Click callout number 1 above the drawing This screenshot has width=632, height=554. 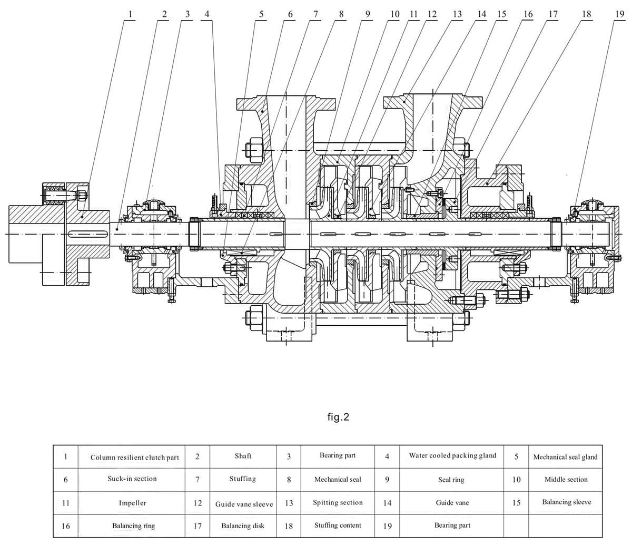pos(130,14)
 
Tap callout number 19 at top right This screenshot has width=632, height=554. pos(619,14)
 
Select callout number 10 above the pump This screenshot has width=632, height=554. pos(394,14)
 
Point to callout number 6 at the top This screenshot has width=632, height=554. pos(290,14)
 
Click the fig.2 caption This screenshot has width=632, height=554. pos(338,417)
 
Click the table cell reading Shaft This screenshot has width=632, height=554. pos(243,456)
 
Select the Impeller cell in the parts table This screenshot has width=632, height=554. pos(133,503)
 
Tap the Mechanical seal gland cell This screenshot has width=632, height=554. pos(565,457)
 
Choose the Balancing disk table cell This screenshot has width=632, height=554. pos(243,526)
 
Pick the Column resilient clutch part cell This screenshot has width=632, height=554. pos(134,458)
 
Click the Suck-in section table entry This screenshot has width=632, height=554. pos(132,479)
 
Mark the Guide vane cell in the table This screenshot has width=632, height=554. pos(452,503)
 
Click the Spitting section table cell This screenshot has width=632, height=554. pos(338,502)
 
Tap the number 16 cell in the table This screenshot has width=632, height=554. pos(66,526)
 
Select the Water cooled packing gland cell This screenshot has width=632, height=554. pos(452,455)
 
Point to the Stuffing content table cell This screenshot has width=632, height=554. pos(338,525)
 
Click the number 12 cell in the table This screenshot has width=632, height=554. pos(197,503)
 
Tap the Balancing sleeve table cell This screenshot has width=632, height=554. pos(566,502)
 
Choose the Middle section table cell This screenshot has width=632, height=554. pos(566,479)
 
